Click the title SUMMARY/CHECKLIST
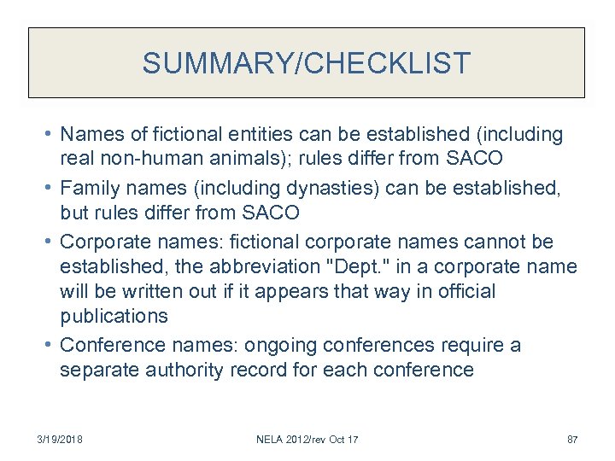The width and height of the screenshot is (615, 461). coord(307,63)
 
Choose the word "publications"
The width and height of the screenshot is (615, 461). coord(114,315)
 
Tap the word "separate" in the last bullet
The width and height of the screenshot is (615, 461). coord(96,370)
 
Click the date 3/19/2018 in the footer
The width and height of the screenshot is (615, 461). coord(61,440)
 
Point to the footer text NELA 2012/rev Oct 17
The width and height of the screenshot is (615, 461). coord(307,440)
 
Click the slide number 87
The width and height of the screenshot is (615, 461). coord(572,440)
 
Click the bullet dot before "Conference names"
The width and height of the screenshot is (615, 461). coord(50,345)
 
